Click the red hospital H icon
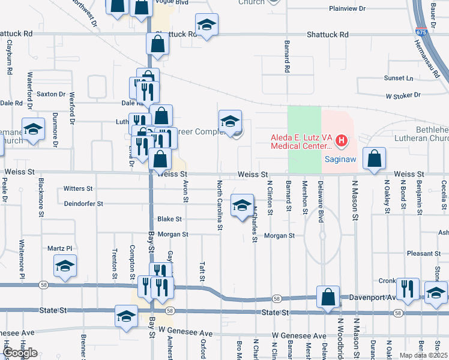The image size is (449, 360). pos(342,142)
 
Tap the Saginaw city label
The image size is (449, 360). pos(341,160)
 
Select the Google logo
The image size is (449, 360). pos(20,353)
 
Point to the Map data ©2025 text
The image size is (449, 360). pos(423,355)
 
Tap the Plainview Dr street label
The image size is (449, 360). pos(347,8)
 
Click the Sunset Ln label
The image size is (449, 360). pos(399,78)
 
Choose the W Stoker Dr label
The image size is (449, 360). pos(403,95)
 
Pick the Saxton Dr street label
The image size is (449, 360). pos(51,94)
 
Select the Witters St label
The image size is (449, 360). pos(78,188)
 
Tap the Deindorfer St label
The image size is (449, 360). pos(85,203)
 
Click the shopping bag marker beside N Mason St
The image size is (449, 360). pos(375,159)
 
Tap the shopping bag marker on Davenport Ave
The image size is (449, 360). pos(328,296)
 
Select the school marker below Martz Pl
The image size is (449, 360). pos(65,266)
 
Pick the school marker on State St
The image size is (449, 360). pos(127,316)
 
